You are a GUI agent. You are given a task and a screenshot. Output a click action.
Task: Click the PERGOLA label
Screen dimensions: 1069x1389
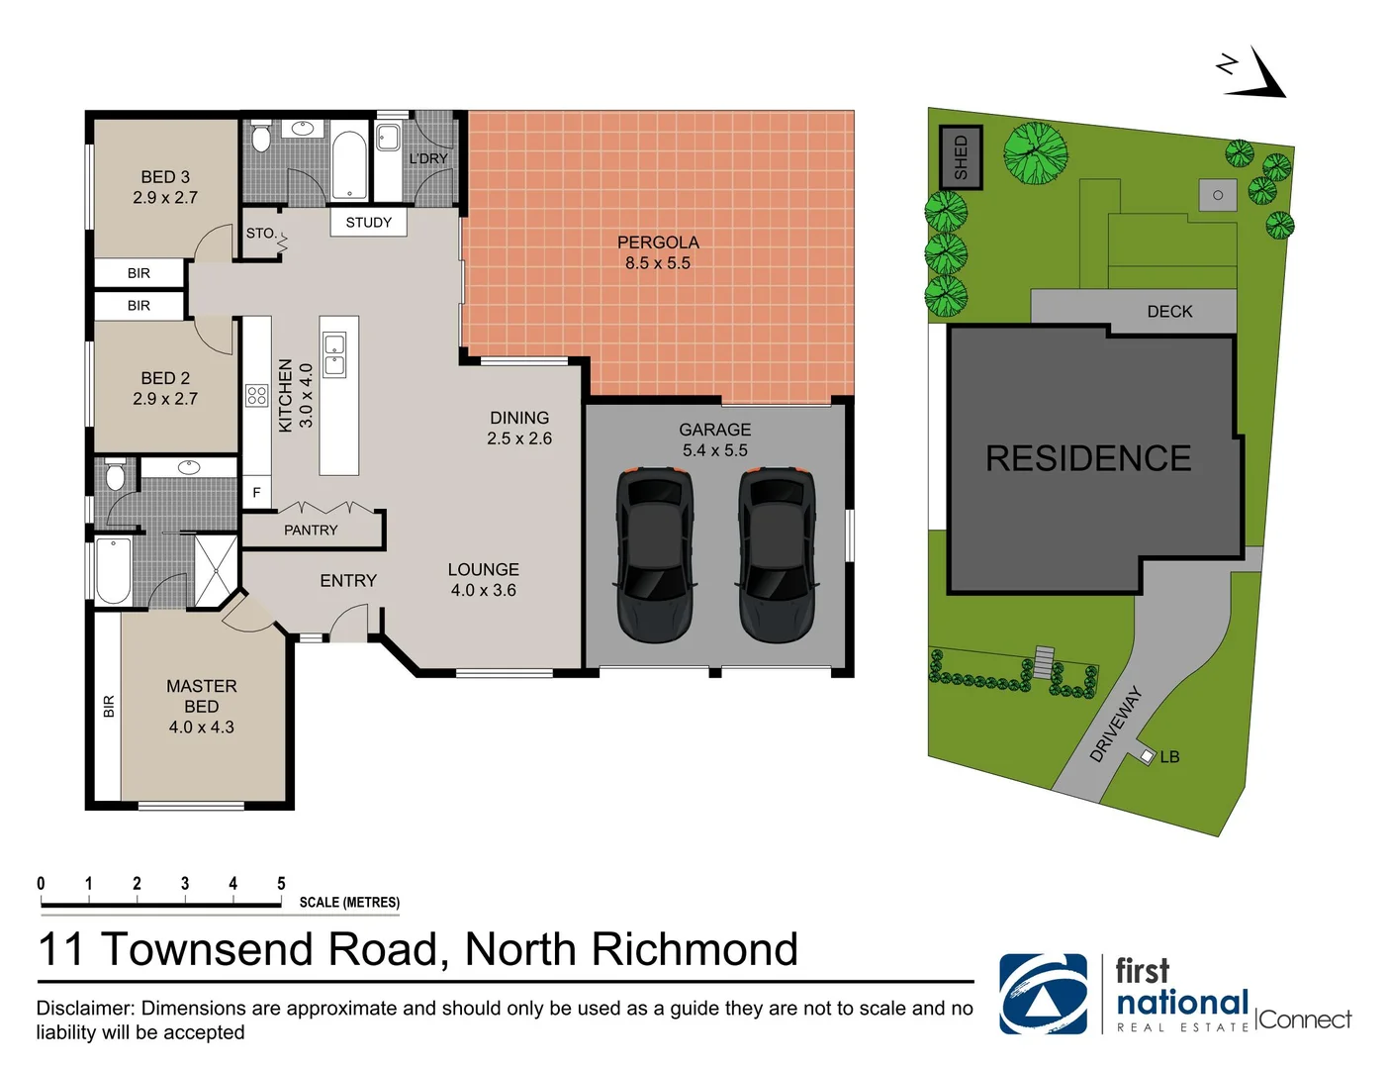click(x=658, y=243)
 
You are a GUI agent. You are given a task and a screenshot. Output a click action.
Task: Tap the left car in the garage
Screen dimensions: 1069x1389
click(x=654, y=555)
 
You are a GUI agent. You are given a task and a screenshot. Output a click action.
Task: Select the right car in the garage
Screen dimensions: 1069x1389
click(x=778, y=555)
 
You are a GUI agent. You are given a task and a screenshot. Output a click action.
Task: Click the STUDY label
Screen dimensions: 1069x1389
click(x=368, y=223)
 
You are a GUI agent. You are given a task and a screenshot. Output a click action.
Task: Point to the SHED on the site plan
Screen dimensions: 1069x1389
click(x=961, y=157)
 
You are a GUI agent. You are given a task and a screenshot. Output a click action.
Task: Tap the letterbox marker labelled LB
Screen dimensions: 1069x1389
click(x=1148, y=756)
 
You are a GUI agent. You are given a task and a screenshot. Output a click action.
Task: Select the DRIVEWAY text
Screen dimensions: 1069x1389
click(x=1116, y=725)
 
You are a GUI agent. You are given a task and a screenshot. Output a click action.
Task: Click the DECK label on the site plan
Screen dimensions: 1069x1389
click(x=1169, y=312)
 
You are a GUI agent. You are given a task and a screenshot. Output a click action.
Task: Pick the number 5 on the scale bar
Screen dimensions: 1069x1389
click(x=281, y=883)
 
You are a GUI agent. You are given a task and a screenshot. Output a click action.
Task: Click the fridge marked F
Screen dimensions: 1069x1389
click(x=256, y=492)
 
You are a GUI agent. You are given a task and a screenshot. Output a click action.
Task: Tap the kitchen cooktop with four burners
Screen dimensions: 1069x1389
click(x=257, y=396)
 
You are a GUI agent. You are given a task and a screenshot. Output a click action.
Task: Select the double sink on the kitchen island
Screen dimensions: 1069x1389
click(x=335, y=355)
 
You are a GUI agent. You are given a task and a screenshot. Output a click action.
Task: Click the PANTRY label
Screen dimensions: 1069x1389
click(x=311, y=531)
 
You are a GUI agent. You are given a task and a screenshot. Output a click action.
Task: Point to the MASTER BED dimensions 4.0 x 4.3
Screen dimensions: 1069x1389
click(x=202, y=728)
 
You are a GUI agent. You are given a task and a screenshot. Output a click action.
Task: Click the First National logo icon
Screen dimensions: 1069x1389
click(x=1043, y=994)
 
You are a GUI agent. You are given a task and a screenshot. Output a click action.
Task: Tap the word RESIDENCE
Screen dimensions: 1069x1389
click(x=1088, y=458)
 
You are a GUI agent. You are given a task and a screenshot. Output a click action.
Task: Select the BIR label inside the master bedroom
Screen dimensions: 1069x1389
click(x=109, y=707)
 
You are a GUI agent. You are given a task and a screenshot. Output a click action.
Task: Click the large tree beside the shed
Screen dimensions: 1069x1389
click(x=1036, y=153)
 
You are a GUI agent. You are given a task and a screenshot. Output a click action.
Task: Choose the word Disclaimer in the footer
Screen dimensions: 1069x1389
click(x=85, y=1009)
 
